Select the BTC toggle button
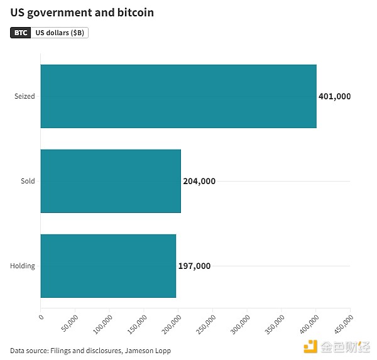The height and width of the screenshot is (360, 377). click(21, 33)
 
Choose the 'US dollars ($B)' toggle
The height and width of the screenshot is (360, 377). click(60, 33)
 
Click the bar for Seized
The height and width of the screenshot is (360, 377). click(178, 96)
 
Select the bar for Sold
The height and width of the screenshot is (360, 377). click(110, 181)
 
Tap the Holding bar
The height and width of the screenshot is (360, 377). click(107, 266)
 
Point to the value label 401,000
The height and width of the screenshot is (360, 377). click(335, 97)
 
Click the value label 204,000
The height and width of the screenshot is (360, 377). click(199, 182)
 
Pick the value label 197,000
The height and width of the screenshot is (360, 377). click(194, 266)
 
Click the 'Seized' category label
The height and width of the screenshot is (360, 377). click(25, 97)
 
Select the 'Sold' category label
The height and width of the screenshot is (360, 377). click(28, 182)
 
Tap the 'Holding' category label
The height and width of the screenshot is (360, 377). click(23, 266)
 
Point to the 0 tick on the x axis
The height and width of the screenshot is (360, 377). click(41, 319)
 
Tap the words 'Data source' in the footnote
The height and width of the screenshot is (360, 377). click(28, 351)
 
